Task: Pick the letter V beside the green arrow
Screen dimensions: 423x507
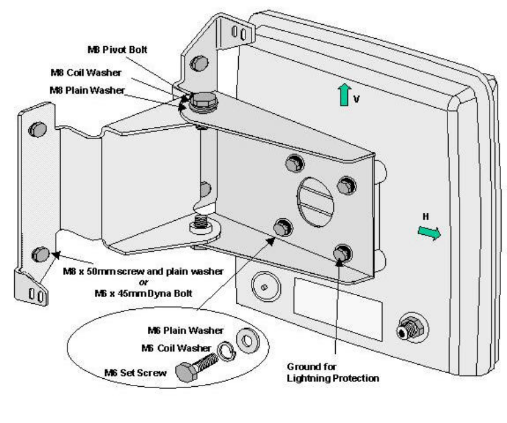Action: [x=357, y=99]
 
